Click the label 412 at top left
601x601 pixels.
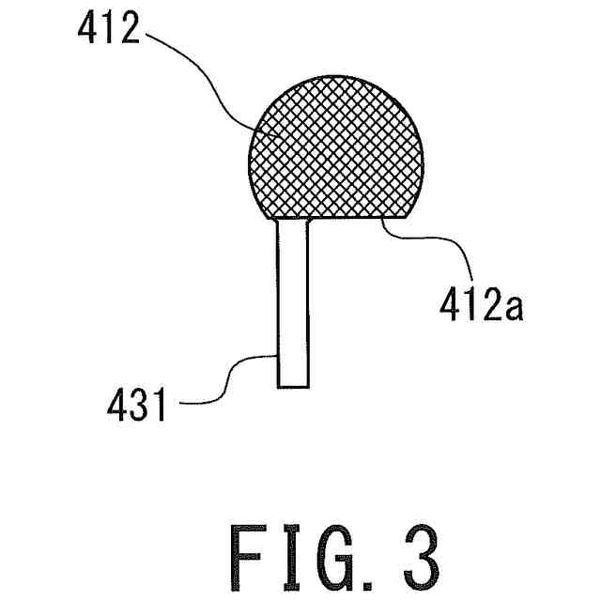(104, 36)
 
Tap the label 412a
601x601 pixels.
(482, 306)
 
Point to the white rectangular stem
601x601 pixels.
(292, 300)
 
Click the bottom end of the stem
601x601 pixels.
(292, 385)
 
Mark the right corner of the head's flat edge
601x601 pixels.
(407, 215)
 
